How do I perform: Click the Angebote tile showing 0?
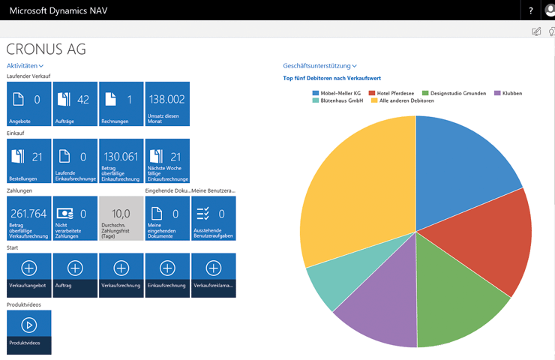click(29, 104)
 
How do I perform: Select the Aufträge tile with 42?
click(75, 104)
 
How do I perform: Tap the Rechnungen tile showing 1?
click(121, 104)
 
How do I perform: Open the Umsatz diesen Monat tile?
click(167, 104)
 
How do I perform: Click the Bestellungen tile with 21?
click(29, 161)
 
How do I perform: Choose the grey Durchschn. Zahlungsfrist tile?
click(121, 218)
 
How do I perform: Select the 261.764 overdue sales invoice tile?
click(29, 218)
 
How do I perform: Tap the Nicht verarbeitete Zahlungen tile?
click(75, 218)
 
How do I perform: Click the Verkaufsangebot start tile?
click(29, 275)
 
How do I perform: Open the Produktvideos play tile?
click(29, 332)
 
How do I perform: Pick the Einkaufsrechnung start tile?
click(167, 275)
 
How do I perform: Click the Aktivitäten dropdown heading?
click(25, 67)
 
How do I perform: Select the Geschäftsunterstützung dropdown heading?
click(319, 67)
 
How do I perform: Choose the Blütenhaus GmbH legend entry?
click(340, 100)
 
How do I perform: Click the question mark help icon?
click(531, 10)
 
